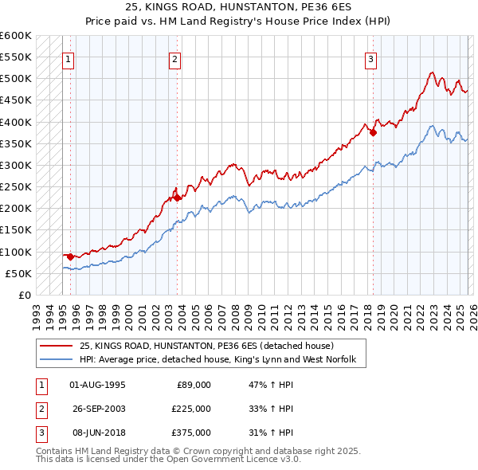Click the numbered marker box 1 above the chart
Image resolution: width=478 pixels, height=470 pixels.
click(x=68, y=58)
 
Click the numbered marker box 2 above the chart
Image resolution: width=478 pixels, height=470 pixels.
click(x=174, y=58)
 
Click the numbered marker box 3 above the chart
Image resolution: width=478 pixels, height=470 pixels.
click(x=371, y=58)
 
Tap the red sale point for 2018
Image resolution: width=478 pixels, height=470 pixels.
click(x=373, y=133)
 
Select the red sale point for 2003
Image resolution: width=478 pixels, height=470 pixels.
click(x=178, y=198)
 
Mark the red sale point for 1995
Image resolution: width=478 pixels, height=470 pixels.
click(x=70, y=257)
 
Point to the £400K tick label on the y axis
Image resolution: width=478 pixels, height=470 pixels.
click(x=17, y=122)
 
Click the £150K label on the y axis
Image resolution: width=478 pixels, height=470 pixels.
click(x=17, y=230)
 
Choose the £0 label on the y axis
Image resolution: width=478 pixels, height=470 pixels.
click(x=24, y=295)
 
